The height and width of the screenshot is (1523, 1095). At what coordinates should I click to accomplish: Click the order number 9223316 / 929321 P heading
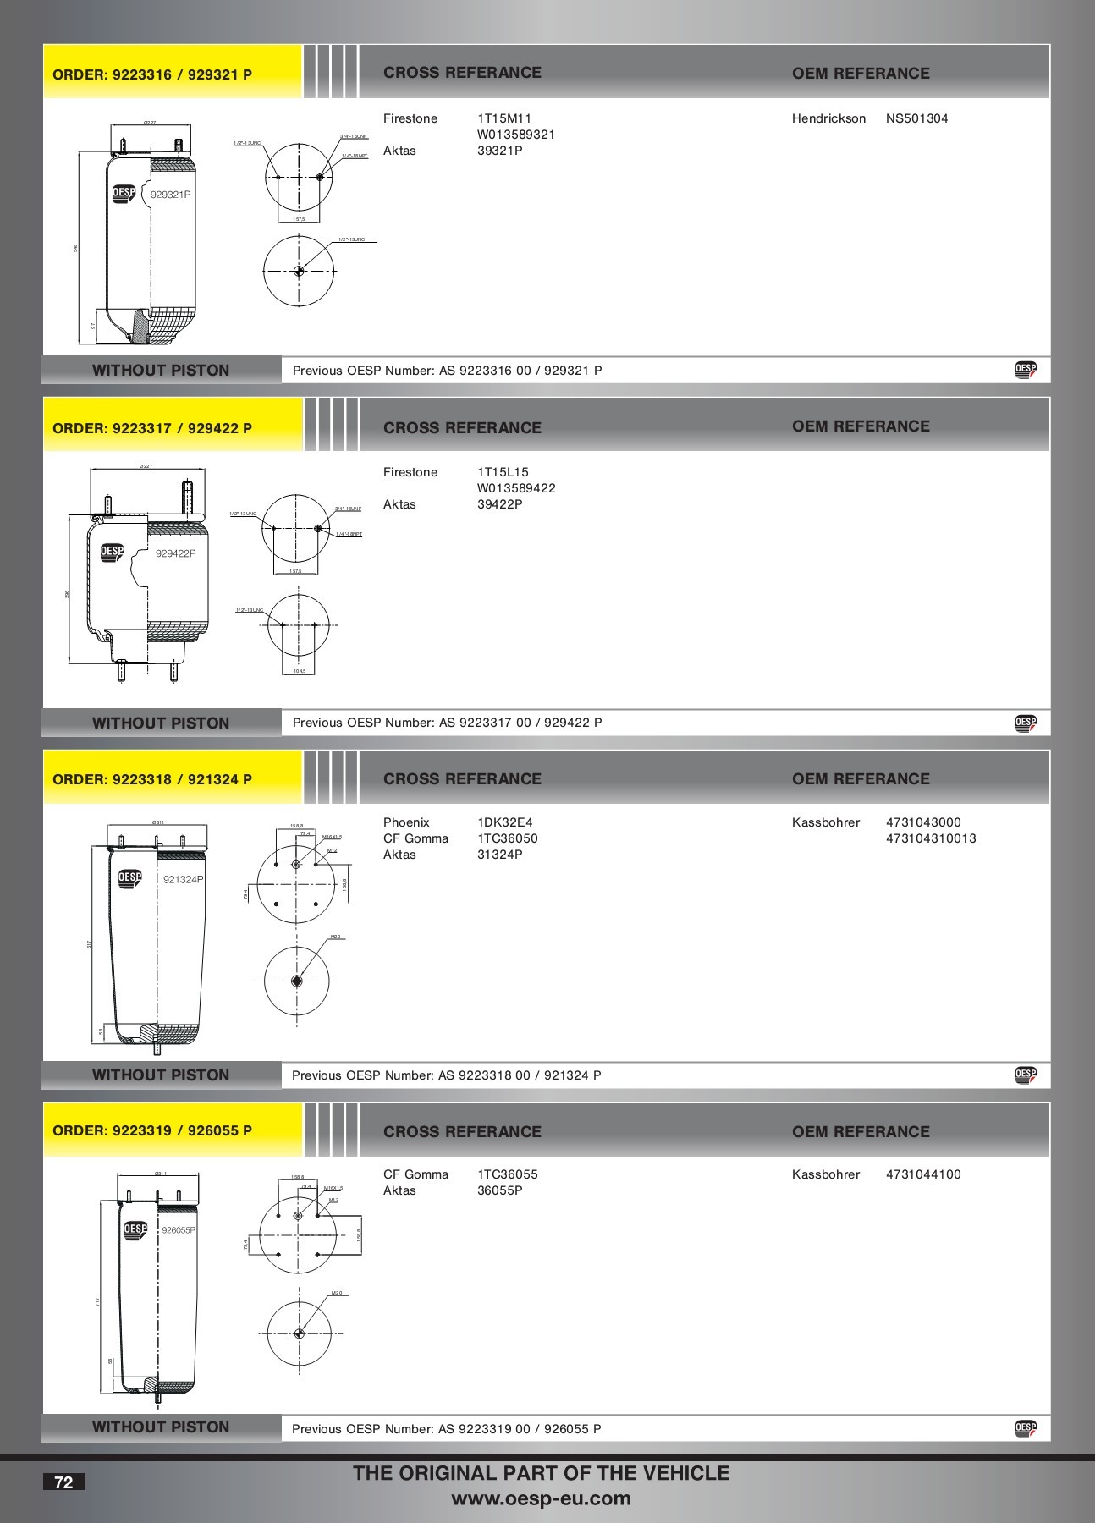152,74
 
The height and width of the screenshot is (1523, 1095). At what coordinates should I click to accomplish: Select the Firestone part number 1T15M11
504,118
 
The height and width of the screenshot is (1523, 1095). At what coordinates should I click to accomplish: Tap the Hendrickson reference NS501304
916,118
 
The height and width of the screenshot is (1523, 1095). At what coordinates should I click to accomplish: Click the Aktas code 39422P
499,504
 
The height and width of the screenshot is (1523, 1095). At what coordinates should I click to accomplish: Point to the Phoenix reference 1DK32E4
504,822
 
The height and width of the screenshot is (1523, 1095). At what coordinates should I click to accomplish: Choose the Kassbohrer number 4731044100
923,1174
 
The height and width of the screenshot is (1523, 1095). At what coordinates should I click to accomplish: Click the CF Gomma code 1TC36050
507,838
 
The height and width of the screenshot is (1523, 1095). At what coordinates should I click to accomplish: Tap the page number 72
63,1482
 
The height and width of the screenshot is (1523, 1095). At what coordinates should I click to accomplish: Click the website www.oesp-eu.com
541,1498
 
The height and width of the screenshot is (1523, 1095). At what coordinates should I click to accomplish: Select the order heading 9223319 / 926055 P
152,1130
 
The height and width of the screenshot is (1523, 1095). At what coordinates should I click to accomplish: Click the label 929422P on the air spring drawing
175,553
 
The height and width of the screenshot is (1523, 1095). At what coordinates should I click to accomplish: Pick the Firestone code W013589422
516,488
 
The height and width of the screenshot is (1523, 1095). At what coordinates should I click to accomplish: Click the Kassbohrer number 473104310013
931,838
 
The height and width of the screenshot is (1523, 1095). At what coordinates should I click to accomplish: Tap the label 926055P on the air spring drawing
179,1230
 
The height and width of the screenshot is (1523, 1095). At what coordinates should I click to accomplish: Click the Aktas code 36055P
499,1190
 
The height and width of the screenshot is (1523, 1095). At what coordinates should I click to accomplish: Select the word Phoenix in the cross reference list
406,822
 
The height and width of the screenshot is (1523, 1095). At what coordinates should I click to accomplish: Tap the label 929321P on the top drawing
170,195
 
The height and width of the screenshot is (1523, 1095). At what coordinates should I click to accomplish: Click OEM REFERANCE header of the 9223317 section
861,426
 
